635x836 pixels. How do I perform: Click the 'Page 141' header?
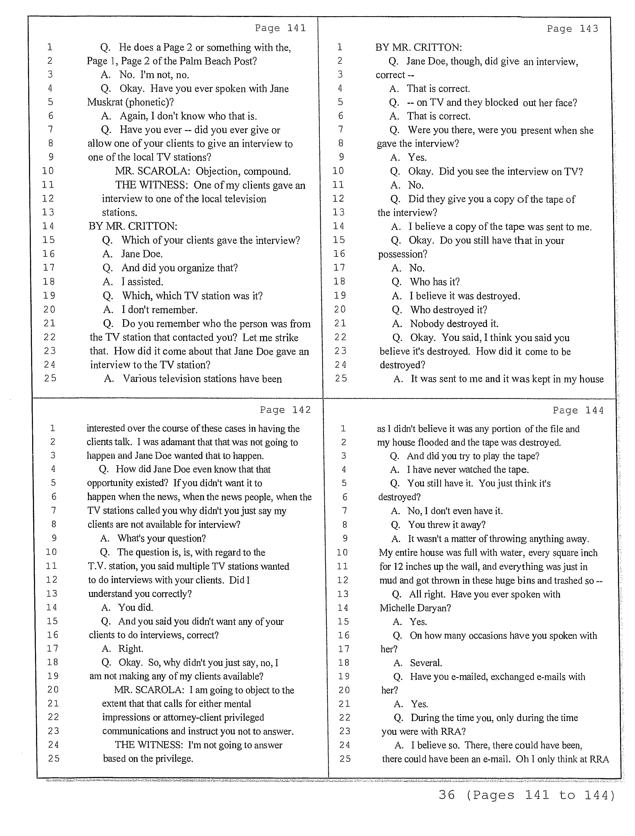pyautogui.click(x=280, y=28)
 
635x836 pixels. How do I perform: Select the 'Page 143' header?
pyautogui.click(x=572, y=29)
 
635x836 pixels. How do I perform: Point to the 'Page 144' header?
pyautogui.click(x=578, y=410)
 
